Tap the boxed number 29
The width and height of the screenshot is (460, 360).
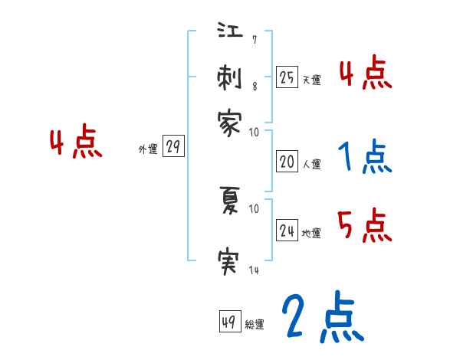(173, 148)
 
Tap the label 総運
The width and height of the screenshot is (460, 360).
(255, 325)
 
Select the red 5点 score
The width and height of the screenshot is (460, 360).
(365, 226)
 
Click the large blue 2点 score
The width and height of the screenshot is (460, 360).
(322, 318)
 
